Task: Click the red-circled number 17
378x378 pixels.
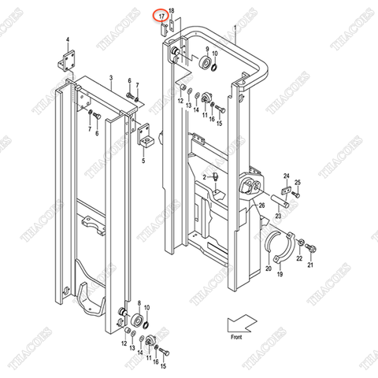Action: coord(161,16)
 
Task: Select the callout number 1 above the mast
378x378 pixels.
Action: coord(235,28)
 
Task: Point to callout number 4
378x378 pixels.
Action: coord(68,39)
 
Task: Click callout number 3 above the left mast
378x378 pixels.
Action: coord(111,80)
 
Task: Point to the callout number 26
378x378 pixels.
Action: coord(262,206)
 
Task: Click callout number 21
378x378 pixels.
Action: coord(309,265)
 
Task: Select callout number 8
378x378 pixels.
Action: coord(139,303)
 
